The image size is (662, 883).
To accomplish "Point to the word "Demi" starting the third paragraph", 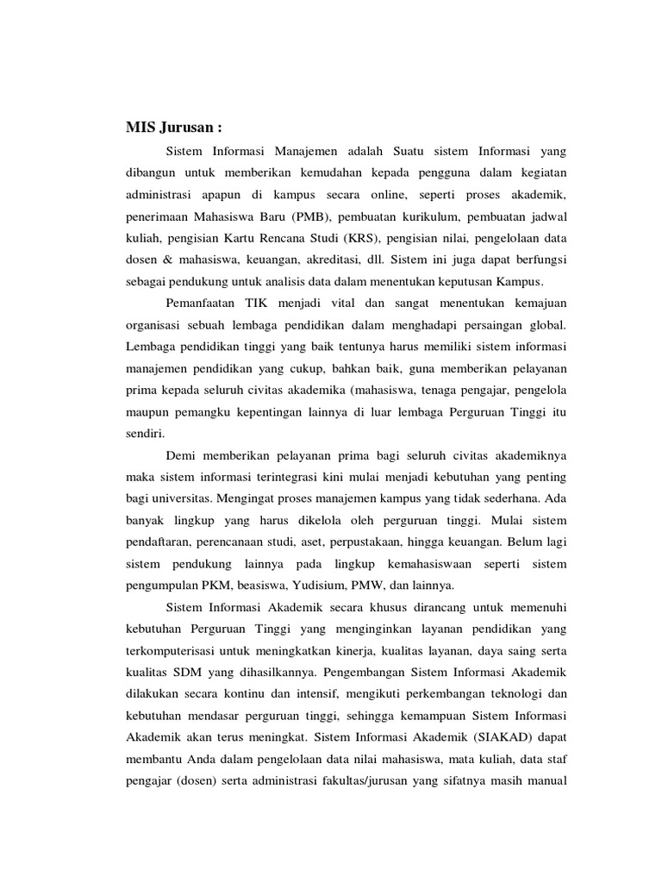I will pos(179,455).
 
